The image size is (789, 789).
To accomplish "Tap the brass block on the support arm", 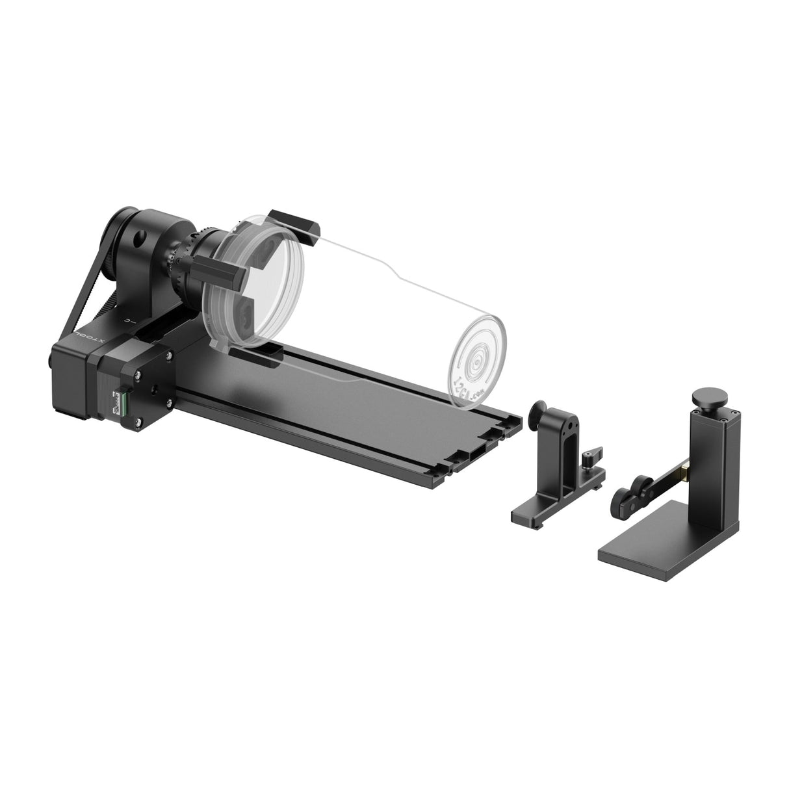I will tap(684, 467).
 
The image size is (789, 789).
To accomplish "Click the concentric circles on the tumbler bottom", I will tap(479, 359).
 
